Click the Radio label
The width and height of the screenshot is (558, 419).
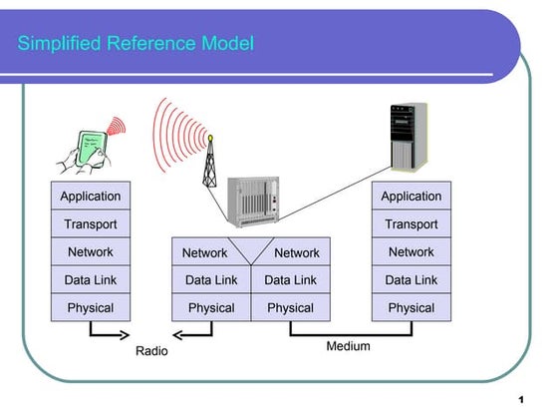coord(151,351)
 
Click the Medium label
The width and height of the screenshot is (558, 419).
coord(348,346)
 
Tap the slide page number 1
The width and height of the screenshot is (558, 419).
coord(521,400)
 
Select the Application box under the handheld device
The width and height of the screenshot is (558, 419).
coord(91,197)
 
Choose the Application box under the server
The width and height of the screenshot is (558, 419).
coord(411,197)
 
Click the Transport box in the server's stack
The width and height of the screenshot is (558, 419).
coord(411,224)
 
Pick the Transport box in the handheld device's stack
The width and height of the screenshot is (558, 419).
coord(91,224)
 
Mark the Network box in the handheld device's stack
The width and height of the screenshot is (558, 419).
coord(91,252)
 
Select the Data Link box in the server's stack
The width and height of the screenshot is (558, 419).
coord(411,280)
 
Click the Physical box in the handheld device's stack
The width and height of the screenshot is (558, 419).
coord(91,308)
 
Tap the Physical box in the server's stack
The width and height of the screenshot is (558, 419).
coord(411,308)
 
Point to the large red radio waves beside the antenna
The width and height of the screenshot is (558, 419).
coord(174,135)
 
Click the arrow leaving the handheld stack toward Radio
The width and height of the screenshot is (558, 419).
coord(110,333)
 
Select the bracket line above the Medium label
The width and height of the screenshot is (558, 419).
coord(349,333)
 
